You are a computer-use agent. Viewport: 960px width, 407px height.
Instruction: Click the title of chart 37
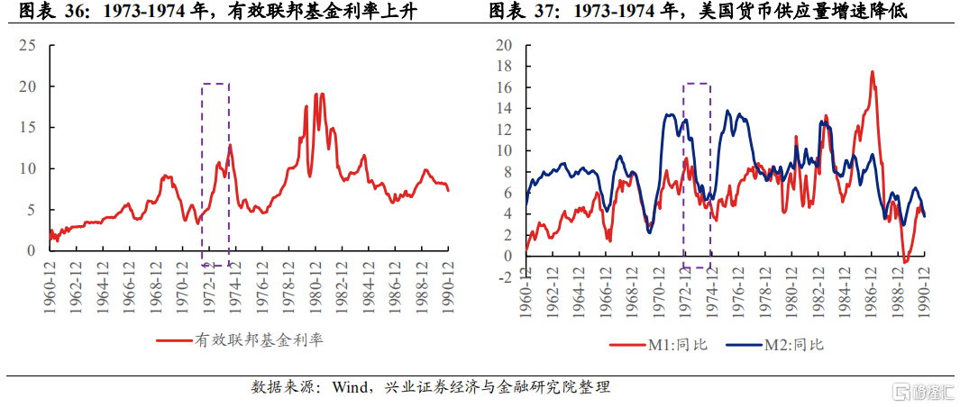(x=697, y=12)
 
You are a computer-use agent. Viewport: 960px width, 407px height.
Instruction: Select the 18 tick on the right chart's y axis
(x=505, y=67)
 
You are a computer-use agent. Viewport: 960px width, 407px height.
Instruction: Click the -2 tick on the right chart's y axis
(x=505, y=276)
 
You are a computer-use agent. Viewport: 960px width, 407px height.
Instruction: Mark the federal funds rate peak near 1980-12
(x=317, y=94)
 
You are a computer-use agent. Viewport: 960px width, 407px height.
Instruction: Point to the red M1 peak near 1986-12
(x=872, y=72)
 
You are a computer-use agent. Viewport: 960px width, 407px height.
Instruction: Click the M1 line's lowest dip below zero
(x=905, y=262)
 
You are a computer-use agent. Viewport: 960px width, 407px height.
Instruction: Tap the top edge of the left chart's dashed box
(x=215, y=84)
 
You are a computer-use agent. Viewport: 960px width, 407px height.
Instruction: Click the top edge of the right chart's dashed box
(x=697, y=84)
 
